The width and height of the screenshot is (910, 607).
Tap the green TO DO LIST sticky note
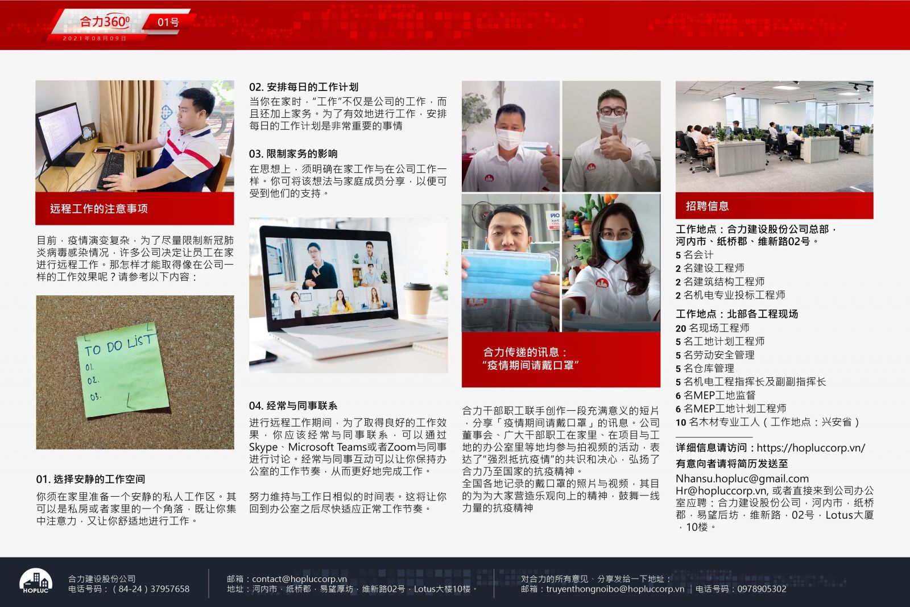tap(122, 370)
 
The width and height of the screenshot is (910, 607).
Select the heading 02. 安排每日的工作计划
tap(304, 87)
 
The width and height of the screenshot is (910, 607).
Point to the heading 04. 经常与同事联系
tap(293, 406)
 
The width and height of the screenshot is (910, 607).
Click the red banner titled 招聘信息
tap(774, 205)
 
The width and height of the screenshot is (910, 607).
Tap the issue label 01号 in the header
tap(168, 22)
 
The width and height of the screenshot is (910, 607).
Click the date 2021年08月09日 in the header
tap(94, 38)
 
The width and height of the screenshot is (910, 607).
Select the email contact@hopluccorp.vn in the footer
tap(299, 579)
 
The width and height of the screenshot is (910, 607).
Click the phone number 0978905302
tap(762, 589)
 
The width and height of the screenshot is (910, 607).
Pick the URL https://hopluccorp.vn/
tap(811, 448)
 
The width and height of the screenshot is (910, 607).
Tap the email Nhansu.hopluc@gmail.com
tap(742, 478)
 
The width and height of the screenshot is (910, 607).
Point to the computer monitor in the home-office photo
tap(60, 134)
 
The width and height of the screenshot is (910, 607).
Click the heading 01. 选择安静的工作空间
tap(90, 479)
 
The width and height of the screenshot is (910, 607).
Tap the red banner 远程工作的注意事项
tap(134, 208)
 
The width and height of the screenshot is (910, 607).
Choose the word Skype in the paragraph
tap(263, 447)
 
